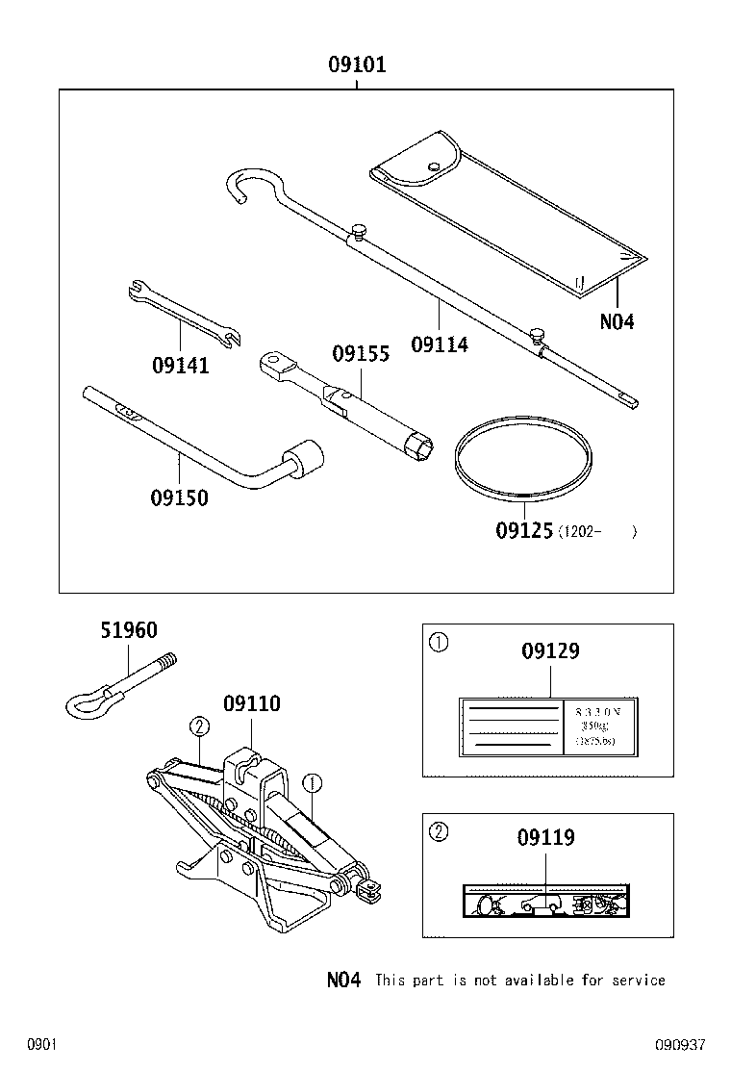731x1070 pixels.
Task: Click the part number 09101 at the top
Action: (x=357, y=65)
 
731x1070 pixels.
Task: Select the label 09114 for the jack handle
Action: (x=440, y=344)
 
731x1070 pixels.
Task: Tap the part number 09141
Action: (x=180, y=366)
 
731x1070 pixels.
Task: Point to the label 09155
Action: (x=361, y=354)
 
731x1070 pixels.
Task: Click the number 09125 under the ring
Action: (x=524, y=530)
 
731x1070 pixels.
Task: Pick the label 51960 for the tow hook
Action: (x=129, y=631)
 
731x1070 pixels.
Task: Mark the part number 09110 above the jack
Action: (x=252, y=704)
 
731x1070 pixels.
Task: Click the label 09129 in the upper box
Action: (x=550, y=651)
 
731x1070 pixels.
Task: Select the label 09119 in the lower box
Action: (x=546, y=837)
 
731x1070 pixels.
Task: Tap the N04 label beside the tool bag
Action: (x=617, y=322)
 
